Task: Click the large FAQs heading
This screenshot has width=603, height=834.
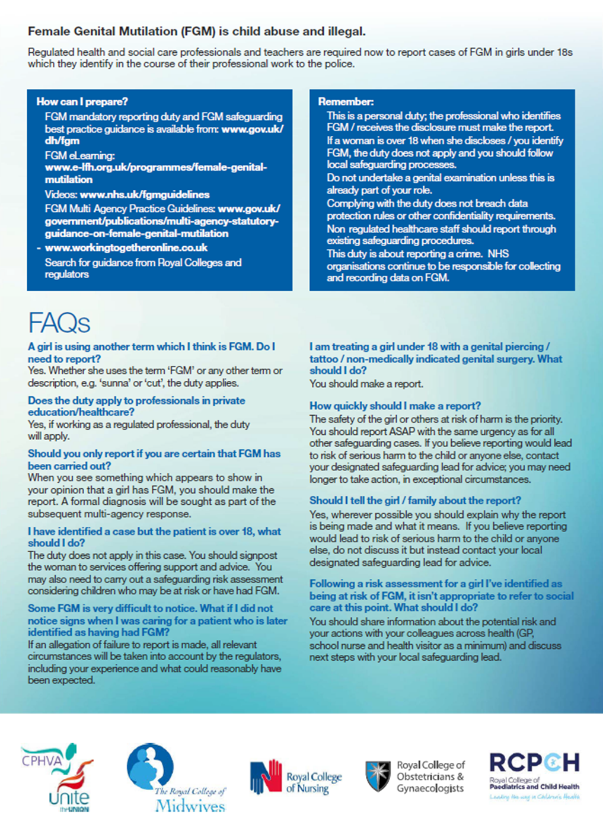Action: [59, 323]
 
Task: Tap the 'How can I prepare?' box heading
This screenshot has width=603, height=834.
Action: [82, 101]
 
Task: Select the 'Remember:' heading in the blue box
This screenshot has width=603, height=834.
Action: [346, 101]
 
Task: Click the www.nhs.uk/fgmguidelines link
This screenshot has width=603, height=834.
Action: [145, 195]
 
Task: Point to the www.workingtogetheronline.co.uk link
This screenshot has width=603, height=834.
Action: [126, 248]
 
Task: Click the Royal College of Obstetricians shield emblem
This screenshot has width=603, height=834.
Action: [378, 776]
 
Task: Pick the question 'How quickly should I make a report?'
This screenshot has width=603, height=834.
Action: [395, 406]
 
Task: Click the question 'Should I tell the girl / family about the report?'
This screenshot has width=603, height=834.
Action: [415, 501]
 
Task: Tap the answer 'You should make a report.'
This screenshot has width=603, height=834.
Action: [366, 384]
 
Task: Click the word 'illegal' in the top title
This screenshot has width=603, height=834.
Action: [347, 31]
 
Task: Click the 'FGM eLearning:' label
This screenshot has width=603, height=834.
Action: [79, 155]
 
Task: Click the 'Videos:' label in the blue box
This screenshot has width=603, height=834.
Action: [61, 195]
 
